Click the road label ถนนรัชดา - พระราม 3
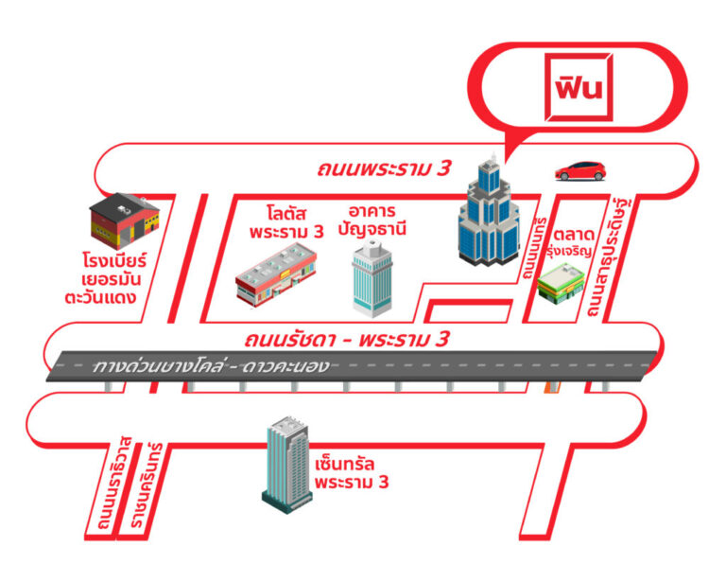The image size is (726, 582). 345,339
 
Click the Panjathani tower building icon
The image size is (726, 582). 371,276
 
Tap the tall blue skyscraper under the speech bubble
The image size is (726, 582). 487,213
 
